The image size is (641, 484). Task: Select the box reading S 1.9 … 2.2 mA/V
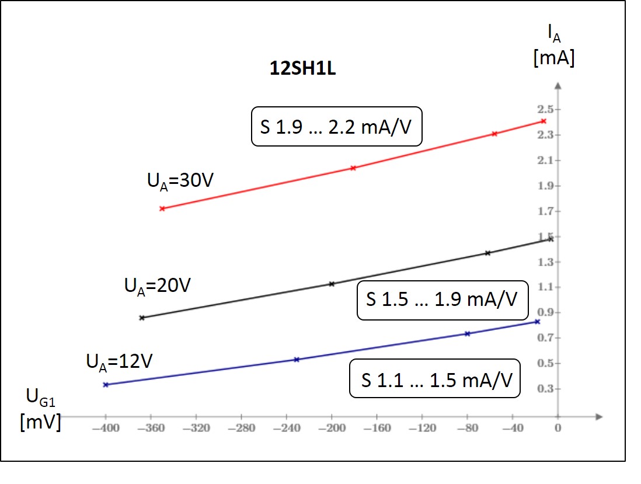point(336,126)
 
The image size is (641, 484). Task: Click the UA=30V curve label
point(179,180)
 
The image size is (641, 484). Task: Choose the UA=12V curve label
point(119,362)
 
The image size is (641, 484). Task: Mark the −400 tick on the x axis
point(106,429)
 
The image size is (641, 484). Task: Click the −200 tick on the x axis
point(332,429)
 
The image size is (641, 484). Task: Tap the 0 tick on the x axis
point(558,429)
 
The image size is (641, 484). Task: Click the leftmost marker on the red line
point(162,208)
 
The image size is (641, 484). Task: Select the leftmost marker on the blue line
point(106,385)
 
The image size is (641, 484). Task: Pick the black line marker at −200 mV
point(332,284)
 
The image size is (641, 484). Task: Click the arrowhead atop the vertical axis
point(558,86)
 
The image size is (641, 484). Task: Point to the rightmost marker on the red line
point(544,121)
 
